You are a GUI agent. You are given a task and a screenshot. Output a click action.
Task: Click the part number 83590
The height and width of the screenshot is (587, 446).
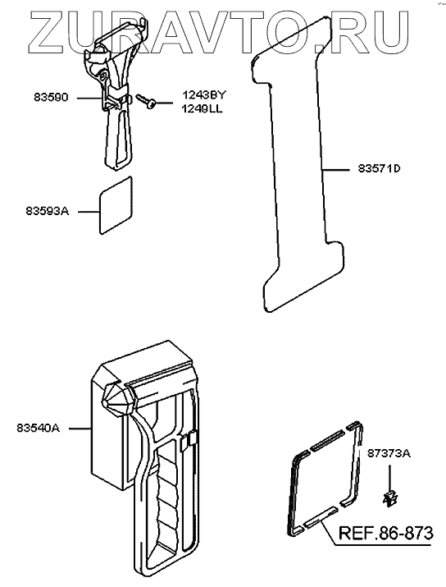52,98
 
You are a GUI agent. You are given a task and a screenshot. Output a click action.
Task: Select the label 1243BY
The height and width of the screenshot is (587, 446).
204,95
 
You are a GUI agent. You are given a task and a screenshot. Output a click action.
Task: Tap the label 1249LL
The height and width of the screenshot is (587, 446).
202,109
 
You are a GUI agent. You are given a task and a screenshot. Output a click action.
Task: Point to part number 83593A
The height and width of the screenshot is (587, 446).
48,211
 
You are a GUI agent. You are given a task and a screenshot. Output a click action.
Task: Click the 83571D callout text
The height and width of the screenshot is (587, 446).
379,169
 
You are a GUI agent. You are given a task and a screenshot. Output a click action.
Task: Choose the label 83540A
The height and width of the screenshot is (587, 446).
39,428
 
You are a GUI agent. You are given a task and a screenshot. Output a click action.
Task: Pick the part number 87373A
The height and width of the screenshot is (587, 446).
389,453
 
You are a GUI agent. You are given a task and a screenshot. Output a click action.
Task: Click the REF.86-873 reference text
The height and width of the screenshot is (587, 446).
386,533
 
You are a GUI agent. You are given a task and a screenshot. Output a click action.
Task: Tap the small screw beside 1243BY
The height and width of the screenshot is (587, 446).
145,100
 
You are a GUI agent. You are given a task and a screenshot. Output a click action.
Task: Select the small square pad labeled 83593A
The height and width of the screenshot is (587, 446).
116,205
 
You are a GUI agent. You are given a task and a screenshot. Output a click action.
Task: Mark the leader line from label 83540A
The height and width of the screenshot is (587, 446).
80,428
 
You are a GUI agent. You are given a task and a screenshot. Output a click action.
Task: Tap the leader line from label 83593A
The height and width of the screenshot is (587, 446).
89,212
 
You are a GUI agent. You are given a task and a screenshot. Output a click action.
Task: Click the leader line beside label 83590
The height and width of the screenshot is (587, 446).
89,98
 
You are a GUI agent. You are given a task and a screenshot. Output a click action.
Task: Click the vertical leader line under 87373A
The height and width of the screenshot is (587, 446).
389,478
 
